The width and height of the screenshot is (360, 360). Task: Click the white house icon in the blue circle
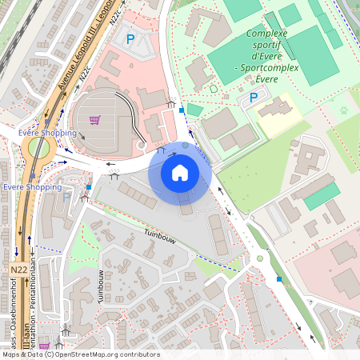click(180, 172)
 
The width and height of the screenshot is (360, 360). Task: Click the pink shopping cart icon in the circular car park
click(95, 121)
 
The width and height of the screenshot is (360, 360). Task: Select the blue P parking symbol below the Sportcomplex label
click(254, 98)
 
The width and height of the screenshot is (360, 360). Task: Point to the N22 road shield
click(19, 270)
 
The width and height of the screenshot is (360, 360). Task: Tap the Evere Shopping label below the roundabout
click(32, 186)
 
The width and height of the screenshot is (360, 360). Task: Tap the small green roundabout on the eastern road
click(259, 258)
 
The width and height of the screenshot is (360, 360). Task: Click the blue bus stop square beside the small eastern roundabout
click(279, 278)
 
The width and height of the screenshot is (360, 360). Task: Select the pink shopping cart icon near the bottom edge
click(43, 347)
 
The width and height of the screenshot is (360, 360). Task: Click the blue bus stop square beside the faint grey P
click(88, 187)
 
